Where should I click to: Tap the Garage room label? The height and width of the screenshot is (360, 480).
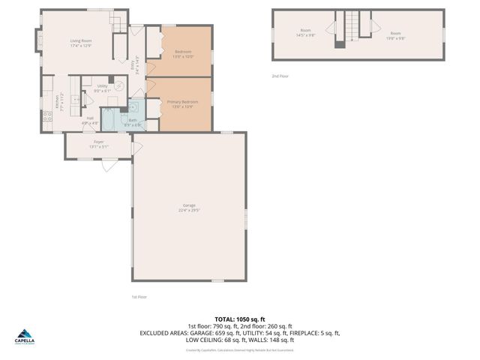pos(189,207)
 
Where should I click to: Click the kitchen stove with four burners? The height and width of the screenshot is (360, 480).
pos(46,116)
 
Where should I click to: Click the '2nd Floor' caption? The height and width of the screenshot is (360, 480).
pos(280,76)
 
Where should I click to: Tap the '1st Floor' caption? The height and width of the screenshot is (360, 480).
pos(139,297)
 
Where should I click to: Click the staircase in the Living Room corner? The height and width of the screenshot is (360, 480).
pos(117,22)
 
